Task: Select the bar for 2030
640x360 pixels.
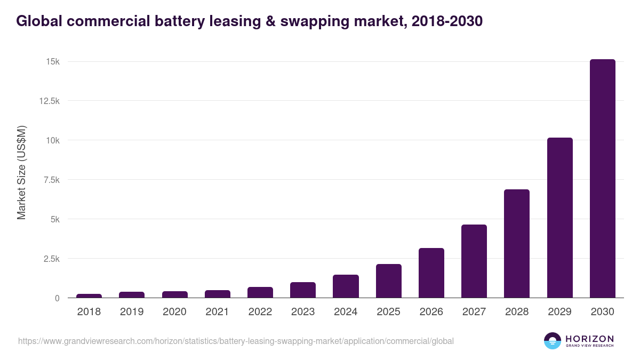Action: coord(602,179)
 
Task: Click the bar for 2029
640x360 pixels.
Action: coord(559,218)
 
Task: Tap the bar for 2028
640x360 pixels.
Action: coord(517,244)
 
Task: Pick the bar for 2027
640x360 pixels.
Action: coord(474,261)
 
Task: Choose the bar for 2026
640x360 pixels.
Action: coord(431,273)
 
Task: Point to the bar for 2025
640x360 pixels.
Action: coord(388,281)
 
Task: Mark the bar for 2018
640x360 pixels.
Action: coord(89,295)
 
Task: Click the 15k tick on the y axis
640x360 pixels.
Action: coord(52,62)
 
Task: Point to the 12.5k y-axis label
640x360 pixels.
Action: coord(49,101)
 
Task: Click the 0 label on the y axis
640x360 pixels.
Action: coord(57,298)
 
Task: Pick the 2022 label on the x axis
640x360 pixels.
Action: coord(260,312)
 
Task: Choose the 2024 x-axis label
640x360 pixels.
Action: coord(346,312)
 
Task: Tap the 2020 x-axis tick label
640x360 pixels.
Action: coord(174,312)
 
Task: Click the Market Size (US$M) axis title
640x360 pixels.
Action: coord(21,172)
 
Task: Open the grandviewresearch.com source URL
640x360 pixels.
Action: coord(236,341)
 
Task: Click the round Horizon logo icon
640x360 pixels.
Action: coord(553,341)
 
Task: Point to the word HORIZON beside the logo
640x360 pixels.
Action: coord(589,338)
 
